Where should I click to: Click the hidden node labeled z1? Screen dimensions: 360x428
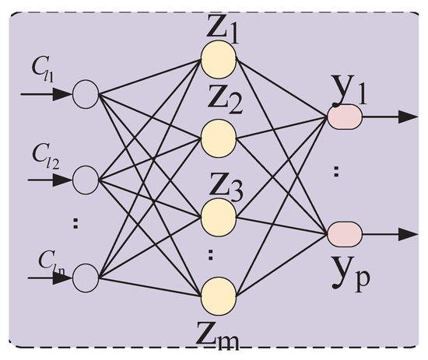[217, 56]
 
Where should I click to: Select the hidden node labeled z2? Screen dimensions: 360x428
[217, 137]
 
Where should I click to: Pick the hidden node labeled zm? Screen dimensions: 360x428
[217, 295]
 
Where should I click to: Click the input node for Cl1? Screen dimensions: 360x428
[86, 95]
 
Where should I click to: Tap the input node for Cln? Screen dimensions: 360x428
[86, 275]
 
